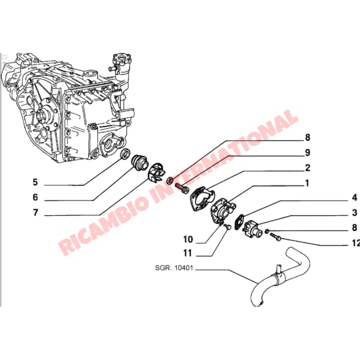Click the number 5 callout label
click(x=35, y=182)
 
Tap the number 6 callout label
click(x=35, y=197)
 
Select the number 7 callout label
click(x=35, y=213)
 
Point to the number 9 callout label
click(x=307, y=153)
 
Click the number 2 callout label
click(x=307, y=168)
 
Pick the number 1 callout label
click(x=307, y=183)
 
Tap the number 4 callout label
click(x=354, y=197)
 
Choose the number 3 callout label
click(x=354, y=212)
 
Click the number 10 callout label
click(x=188, y=239)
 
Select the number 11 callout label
click(x=188, y=253)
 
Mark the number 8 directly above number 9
click(x=307, y=137)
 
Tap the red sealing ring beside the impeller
click(x=171, y=180)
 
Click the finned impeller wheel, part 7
click(x=157, y=174)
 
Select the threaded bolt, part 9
click(x=181, y=187)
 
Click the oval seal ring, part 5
click(x=124, y=153)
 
